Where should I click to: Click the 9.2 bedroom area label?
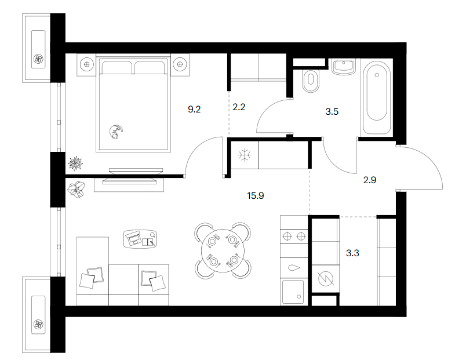click(194, 110)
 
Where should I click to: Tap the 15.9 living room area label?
click(255, 195)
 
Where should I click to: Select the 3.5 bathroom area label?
click(332, 111)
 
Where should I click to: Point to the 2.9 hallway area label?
click(370, 180)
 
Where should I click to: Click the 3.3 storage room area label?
click(352, 253)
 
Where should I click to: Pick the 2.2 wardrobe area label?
click(239, 107)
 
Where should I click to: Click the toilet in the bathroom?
click(311, 81)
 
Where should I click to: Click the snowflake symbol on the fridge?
click(245, 155)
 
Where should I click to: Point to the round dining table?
click(223, 250)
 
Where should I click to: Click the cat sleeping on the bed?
click(115, 132)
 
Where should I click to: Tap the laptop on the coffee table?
click(133, 238)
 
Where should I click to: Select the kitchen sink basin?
click(293, 292)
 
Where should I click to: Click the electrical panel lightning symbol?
click(326, 278)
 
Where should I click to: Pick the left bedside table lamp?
click(86, 64)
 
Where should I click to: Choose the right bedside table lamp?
click(180, 64)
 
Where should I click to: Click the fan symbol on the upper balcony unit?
click(38, 59)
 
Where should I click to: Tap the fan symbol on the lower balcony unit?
click(38, 324)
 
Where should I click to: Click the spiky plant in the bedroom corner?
click(75, 163)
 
